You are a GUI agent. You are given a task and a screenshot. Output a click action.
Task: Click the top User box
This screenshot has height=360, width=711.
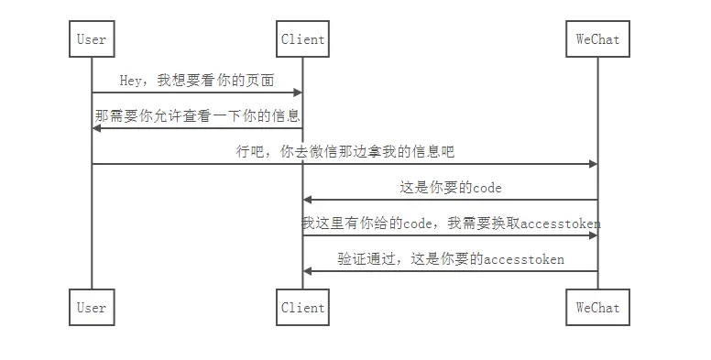coord(92,39)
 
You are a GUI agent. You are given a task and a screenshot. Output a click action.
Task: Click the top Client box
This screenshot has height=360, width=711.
coord(302,39)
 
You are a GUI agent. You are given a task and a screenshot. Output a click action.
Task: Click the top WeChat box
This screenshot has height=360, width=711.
coord(597,39)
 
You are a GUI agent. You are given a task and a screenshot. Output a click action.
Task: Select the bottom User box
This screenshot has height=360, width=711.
coord(92,308)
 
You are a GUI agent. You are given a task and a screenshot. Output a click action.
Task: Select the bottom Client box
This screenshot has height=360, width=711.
coord(302,308)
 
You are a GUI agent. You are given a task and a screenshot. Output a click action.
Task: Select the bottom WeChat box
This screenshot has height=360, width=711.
coord(597,308)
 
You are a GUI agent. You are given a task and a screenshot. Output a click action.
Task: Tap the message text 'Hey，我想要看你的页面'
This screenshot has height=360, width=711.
coord(196,81)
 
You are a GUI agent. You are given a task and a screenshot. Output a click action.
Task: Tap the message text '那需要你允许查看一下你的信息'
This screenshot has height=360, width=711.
coord(197,116)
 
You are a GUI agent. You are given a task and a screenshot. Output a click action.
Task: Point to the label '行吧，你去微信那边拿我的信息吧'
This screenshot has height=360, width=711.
coord(345,152)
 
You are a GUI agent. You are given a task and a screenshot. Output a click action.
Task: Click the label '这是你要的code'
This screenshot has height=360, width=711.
coord(450,188)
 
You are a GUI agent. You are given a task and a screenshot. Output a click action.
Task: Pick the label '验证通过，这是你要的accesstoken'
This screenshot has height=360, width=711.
coord(451,259)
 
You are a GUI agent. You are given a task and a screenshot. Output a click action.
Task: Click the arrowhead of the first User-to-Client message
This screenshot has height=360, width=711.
coord(297,93)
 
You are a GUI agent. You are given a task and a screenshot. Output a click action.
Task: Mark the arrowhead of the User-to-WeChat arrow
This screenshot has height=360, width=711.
coord(592,164)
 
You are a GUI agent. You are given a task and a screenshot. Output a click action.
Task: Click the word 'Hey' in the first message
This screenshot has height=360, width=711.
coord(130,81)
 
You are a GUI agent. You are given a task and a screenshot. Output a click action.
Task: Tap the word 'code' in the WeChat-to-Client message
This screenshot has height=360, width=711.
coord(487,188)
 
